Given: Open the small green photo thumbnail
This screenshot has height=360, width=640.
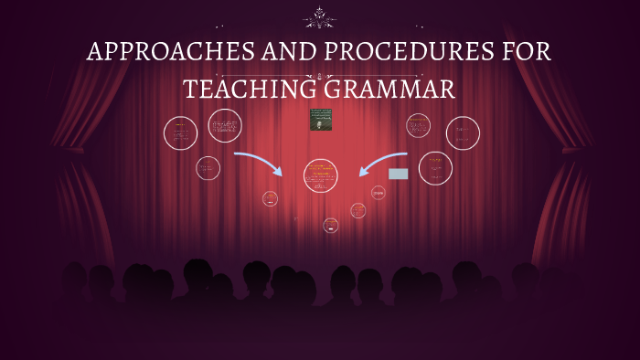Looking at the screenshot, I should [320, 120].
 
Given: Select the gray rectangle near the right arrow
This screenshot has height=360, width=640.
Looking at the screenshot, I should [398, 174].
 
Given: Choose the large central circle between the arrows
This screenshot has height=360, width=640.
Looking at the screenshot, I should [320, 175].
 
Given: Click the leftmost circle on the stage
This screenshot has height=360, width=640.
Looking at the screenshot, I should [180, 133].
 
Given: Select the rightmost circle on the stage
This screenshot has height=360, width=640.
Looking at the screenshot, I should [463, 133].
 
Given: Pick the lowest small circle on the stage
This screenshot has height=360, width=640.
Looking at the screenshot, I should [330, 225].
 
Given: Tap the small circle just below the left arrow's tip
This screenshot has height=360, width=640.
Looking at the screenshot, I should [270, 198].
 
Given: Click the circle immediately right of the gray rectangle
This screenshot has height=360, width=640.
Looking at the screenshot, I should [435, 168].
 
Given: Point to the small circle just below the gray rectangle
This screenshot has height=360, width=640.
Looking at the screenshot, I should [379, 192].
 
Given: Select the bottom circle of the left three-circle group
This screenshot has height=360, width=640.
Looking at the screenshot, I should [208, 168].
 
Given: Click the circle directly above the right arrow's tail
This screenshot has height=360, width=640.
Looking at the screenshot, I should [418, 126].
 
